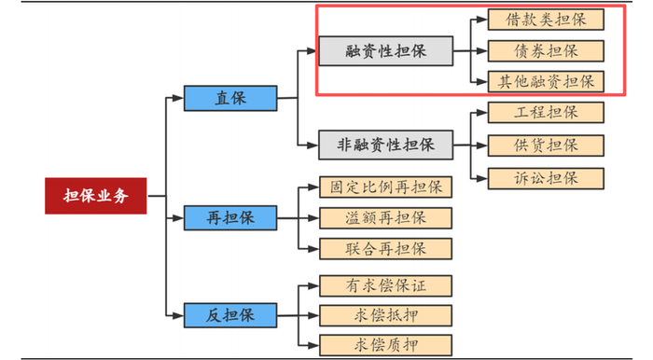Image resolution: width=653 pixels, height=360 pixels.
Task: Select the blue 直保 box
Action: click(x=229, y=98)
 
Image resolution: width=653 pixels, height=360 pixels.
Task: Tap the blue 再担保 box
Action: click(x=229, y=218)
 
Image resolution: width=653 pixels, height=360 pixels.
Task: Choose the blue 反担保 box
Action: click(x=229, y=314)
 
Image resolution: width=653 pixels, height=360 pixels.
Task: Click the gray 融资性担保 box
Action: click(x=385, y=51)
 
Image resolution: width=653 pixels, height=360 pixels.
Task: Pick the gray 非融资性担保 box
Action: click(x=385, y=145)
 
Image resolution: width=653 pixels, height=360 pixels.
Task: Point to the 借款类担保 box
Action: click(x=546, y=19)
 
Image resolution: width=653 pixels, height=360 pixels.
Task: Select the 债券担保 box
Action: click(x=546, y=50)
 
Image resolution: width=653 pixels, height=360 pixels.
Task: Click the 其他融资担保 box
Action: click(x=546, y=81)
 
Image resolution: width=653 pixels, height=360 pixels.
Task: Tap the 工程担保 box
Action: click(x=546, y=113)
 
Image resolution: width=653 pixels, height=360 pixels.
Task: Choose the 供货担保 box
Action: click(x=546, y=145)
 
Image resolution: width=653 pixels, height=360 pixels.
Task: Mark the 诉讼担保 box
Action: click(x=546, y=177)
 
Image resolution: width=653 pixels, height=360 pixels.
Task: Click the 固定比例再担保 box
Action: click(x=385, y=187)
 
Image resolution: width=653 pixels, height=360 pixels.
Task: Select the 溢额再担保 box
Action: click(x=385, y=218)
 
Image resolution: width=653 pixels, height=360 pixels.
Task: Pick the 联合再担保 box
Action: click(x=385, y=249)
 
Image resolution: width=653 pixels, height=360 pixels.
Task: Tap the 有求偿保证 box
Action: click(x=385, y=284)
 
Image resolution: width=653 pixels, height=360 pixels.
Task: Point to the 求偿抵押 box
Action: click(x=385, y=314)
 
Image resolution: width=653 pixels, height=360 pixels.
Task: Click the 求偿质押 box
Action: click(x=385, y=344)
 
